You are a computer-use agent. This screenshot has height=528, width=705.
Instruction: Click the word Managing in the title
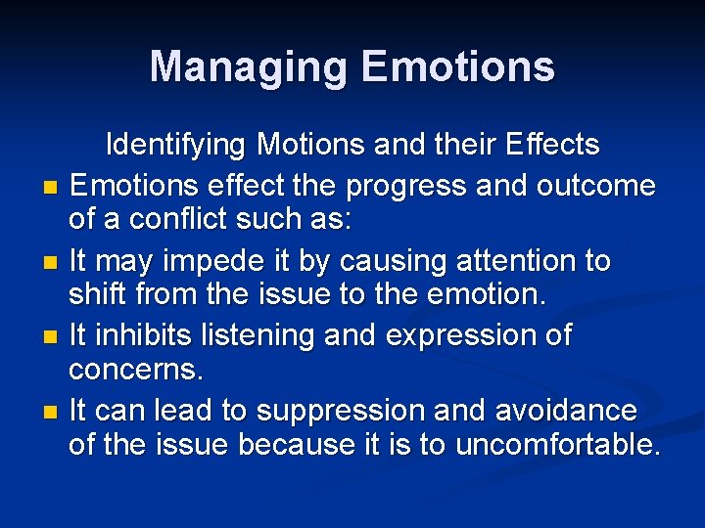coord(250,67)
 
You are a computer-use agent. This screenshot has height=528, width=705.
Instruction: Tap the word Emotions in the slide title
coord(458,67)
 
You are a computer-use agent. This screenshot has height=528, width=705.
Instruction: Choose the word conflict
coord(171,220)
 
